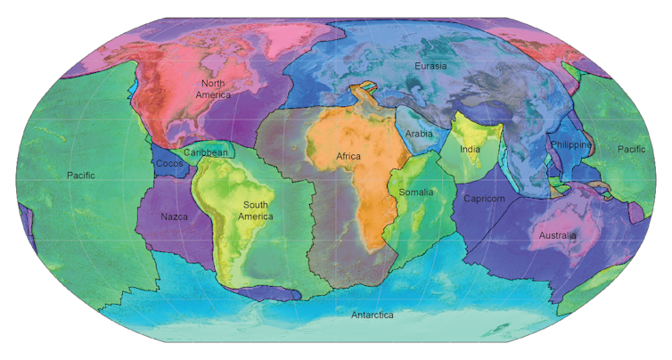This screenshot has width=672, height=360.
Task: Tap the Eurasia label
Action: click(x=430, y=65)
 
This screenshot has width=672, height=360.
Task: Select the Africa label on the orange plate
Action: click(x=348, y=156)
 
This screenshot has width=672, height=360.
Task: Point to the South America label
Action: click(x=255, y=210)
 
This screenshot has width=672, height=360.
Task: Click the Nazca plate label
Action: click(x=174, y=217)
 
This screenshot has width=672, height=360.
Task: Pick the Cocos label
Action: click(x=169, y=163)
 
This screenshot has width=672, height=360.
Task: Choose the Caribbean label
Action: click(x=205, y=152)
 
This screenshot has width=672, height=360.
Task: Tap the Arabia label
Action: click(x=419, y=134)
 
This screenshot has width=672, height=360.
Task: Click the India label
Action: click(x=470, y=149)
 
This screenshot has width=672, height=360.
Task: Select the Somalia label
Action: click(x=416, y=192)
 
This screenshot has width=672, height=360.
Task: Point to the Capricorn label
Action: click(x=484, y=198)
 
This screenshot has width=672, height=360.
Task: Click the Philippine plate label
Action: click(x=570, y=145)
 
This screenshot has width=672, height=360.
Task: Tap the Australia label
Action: click(x=558, y=235)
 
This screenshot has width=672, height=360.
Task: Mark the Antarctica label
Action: click(x=372, y=315)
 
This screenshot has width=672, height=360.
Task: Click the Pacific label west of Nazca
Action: click(x=80, y=176)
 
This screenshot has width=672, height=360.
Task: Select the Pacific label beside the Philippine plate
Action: click(x=634, y=149)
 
